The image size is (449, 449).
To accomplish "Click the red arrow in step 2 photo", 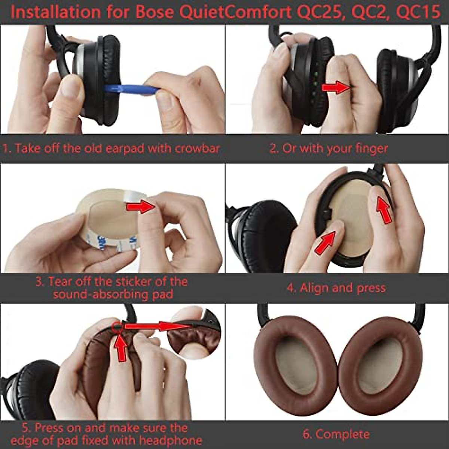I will coord(335,88).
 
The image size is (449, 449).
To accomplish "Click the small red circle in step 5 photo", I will coord(117,326).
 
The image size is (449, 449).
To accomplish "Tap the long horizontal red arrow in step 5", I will coord(157,326).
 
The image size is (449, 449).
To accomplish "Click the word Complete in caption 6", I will coord(342,434).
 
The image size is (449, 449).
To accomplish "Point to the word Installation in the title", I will coord(56,12).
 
